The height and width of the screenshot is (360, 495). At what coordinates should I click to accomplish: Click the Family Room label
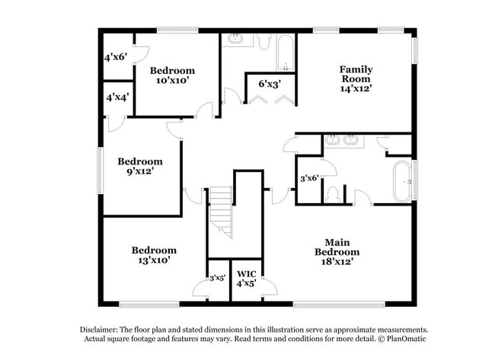click(x=355, y=73)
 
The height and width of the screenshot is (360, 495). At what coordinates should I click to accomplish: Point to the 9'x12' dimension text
click(x=139, y=171)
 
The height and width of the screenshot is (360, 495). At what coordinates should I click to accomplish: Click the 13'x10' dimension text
click(x=154, y=260)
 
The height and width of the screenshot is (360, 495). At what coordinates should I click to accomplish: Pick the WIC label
click(x=246, y=273)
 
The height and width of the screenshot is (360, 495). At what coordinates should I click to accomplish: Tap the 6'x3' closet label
click(x=271, y=83)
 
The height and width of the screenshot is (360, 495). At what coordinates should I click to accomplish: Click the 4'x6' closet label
click(x=116, y=56)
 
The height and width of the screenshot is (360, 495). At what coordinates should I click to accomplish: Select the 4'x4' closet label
click(x=116, y=97)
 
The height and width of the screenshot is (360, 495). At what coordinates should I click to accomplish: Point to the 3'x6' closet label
click(x=308, y=178)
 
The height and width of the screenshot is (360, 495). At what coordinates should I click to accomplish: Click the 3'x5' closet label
click(x=218, y=278)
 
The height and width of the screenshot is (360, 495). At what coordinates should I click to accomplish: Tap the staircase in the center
click(x=221, y=212)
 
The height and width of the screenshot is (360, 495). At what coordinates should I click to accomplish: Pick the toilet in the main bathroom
click(x=332, y=196)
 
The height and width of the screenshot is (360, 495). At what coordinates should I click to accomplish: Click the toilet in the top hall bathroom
click(x=263, y=43)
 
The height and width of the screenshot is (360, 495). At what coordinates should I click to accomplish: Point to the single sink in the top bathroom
click(x=235, y=39)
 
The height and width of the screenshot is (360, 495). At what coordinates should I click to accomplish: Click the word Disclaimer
click(x=101, y=329)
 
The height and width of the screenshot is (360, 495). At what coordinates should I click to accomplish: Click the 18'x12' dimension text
click(x=339, y=260)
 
